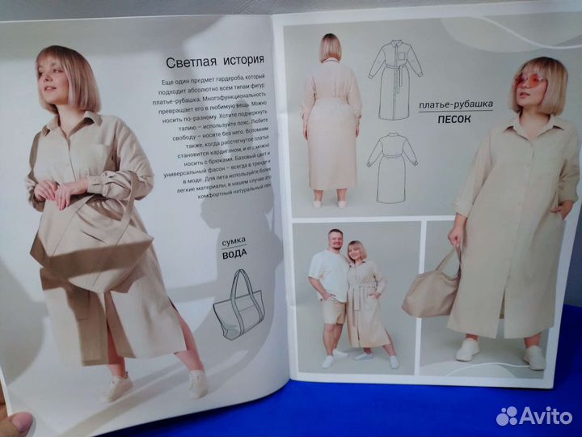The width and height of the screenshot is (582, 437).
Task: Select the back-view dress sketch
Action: [x=391, y=166]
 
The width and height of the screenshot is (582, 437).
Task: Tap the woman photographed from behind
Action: [x=329, y=121]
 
